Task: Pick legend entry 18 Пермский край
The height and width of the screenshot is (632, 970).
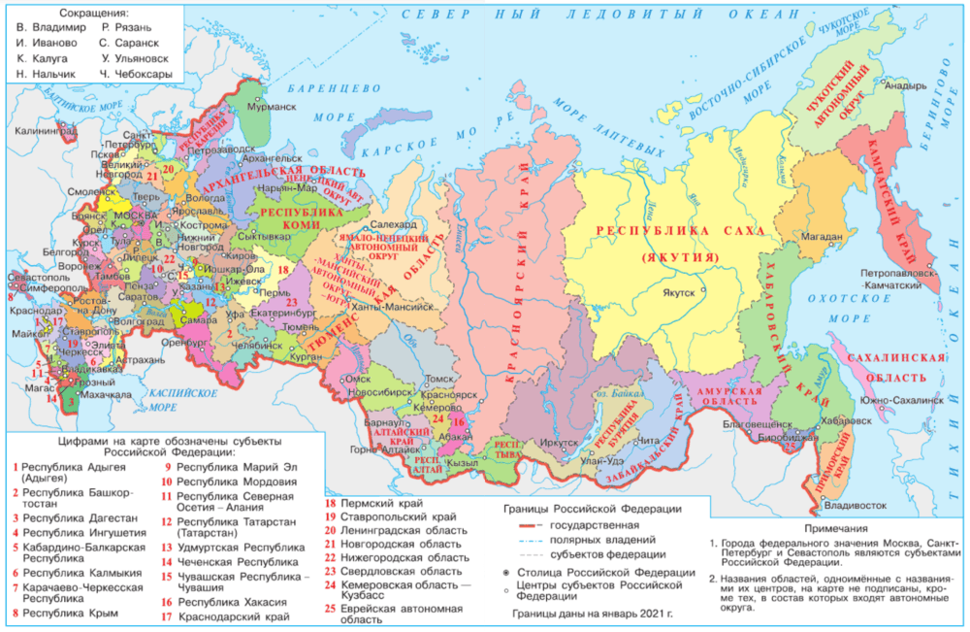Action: click(x=373, y=504)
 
